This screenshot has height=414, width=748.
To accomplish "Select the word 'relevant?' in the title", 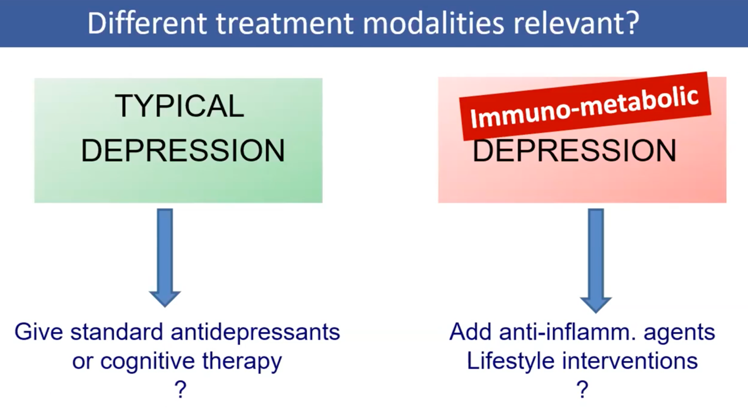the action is (576, 23).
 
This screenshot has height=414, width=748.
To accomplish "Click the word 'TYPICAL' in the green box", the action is (179, 106).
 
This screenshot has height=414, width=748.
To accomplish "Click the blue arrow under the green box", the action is (165, 258).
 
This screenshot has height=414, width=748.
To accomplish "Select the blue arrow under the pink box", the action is (596, 260).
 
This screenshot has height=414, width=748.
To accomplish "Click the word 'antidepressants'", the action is (255, 332).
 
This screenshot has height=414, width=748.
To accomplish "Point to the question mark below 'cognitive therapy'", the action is (180, 389).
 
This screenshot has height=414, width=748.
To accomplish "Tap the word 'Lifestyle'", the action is (510, 362).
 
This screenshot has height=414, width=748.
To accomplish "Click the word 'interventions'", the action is (630, 361).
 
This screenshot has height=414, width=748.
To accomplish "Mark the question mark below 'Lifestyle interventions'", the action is (582, 389).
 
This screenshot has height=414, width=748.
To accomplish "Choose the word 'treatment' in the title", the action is (284, 23).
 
